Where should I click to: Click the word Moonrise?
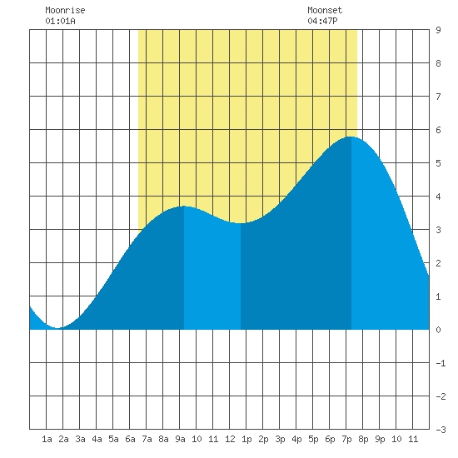pyautogui.click(x=65, y=10)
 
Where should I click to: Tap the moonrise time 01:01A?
pyautogui.click(x=60, y=21)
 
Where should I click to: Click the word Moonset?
pyautogui.click(x=325, y=10)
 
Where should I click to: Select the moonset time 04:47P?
pyautogui.click(x=322, y=21)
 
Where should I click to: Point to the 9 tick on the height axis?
pyautogui.click(x=438, y=30)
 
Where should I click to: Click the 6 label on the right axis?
pyautogui.click(x=438, y=130)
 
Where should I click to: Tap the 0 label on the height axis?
pyautogui.click(x=438, y=330)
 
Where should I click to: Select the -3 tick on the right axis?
pyautogui.click(x=441, y=430)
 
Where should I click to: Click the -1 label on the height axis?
pyautogui.click(x=441, y=363)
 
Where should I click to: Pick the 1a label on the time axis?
pyautogui.click(x=47, y=439)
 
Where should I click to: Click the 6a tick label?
pyautogui.click(x=130, y=439)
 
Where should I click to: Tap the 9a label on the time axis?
pyautogui.click(x=180, y=439)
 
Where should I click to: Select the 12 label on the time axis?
pyautogui.click(x=230, y=439)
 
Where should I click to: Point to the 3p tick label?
pyautogui.click(x=280, y=439)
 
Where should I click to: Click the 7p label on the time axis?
pyautogui.click(x=346, y=439)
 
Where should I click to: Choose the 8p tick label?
pyautogui.click(x=363, y=439)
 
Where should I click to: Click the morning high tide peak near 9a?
pyautogui.click(x=184, y=207)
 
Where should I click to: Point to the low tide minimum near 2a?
pyautogui.click(x=57, y=328)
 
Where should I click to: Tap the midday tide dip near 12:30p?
pyautogui.click(x=241, y=223)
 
